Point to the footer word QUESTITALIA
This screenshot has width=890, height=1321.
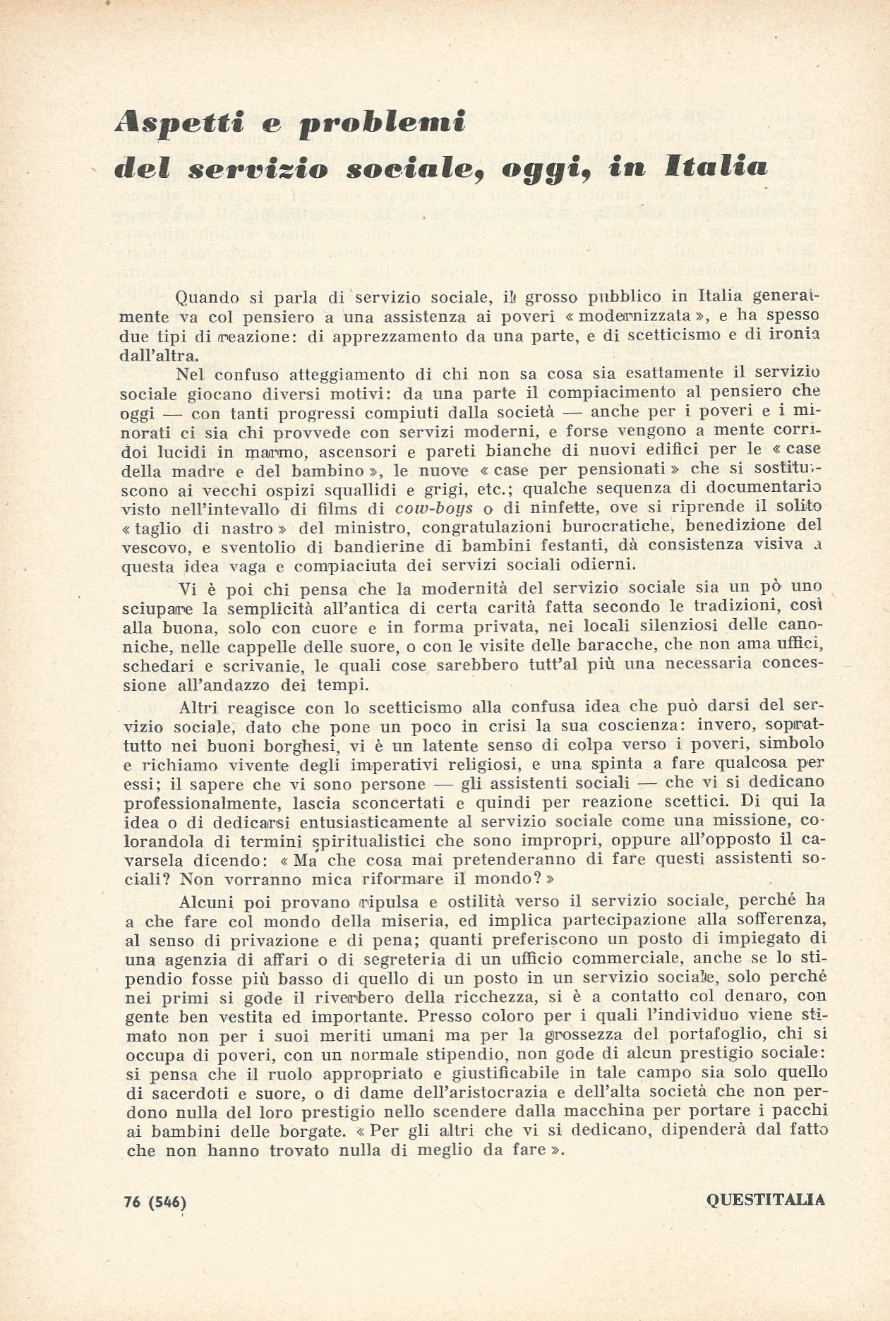coord(765,1198)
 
